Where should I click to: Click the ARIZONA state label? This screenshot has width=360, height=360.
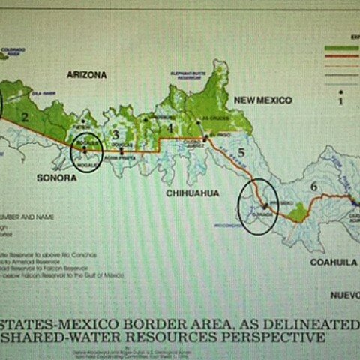tap(87, 75)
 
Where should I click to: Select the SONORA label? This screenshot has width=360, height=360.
tap(57, 178)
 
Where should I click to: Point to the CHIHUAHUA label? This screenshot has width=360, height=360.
tap(193, 193)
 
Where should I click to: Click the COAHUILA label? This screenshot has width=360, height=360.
tap(331, 262)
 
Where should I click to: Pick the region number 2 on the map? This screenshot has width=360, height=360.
tap(25, 117)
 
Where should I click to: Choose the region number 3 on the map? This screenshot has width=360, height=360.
tap(115, 135)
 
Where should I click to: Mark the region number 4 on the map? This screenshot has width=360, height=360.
tap(170, 129)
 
